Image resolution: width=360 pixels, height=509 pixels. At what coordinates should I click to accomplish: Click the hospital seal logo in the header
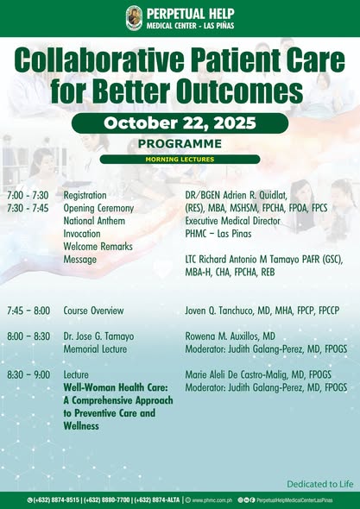click(x=134, y=18)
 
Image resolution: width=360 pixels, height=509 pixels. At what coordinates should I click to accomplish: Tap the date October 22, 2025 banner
click(x=180, y=123)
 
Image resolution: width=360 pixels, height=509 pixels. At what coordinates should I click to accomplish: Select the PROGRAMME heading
click(x=180, y=144)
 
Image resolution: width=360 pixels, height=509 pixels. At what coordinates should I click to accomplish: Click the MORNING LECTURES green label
click(x=180, y=160)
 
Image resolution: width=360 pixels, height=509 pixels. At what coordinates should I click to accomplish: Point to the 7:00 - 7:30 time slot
click(x=28, y=196)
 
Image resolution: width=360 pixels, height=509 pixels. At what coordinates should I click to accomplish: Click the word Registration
click(x=85, y=196)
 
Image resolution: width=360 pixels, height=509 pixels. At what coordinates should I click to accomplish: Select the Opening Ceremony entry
click(x=98, y=209)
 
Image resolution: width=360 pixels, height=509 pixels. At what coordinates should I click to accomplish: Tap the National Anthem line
click(x=95, y=221)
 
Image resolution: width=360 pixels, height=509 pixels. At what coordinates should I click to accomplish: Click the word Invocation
click(x=82, y=234)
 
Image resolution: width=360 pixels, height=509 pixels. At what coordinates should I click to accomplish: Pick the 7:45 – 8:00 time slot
click(x=28, y=311)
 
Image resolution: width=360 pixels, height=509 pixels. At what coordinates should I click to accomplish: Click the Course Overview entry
click(x=93, y=311)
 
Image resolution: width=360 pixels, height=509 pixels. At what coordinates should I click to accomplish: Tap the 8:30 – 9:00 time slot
click(x=28, y=375)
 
